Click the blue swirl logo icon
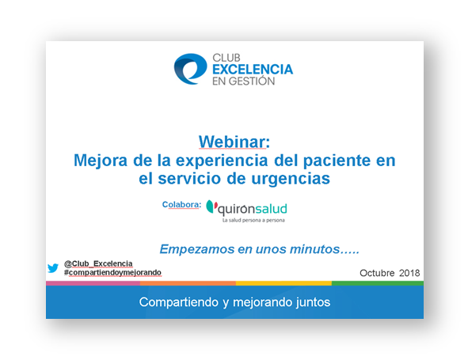pyautogui.click(x=190, y=69)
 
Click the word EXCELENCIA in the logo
pyautogui.click(x=253, y=70)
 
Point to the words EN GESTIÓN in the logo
pyautogui.click(x=243, y=81)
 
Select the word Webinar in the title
pyautogui.click(x=232, y=142)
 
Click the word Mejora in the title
pyautogui.click(x=101, y=161)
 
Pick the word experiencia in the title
pyautogui.click(x=222, y=161)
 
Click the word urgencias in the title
pyautogui.click(x=291, y=179)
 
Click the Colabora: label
pyautogui.click(x=182, y=205)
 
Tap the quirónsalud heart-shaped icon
pyautogui.click(x=211, y=207)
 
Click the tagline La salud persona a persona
pyautogui.click(x=253, y=221)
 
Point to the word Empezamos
pyautogui.click(x=197, y=249)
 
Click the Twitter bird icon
pyautogui.click(x=53, y=268)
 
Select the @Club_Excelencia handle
pyautogui.click(x=98, y=263)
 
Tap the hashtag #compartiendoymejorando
pyautogui.click(x=112, y=273)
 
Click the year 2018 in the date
pyautogui.click(x=409, y=273)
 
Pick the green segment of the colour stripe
pyautogui.click(x=378, y=283)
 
